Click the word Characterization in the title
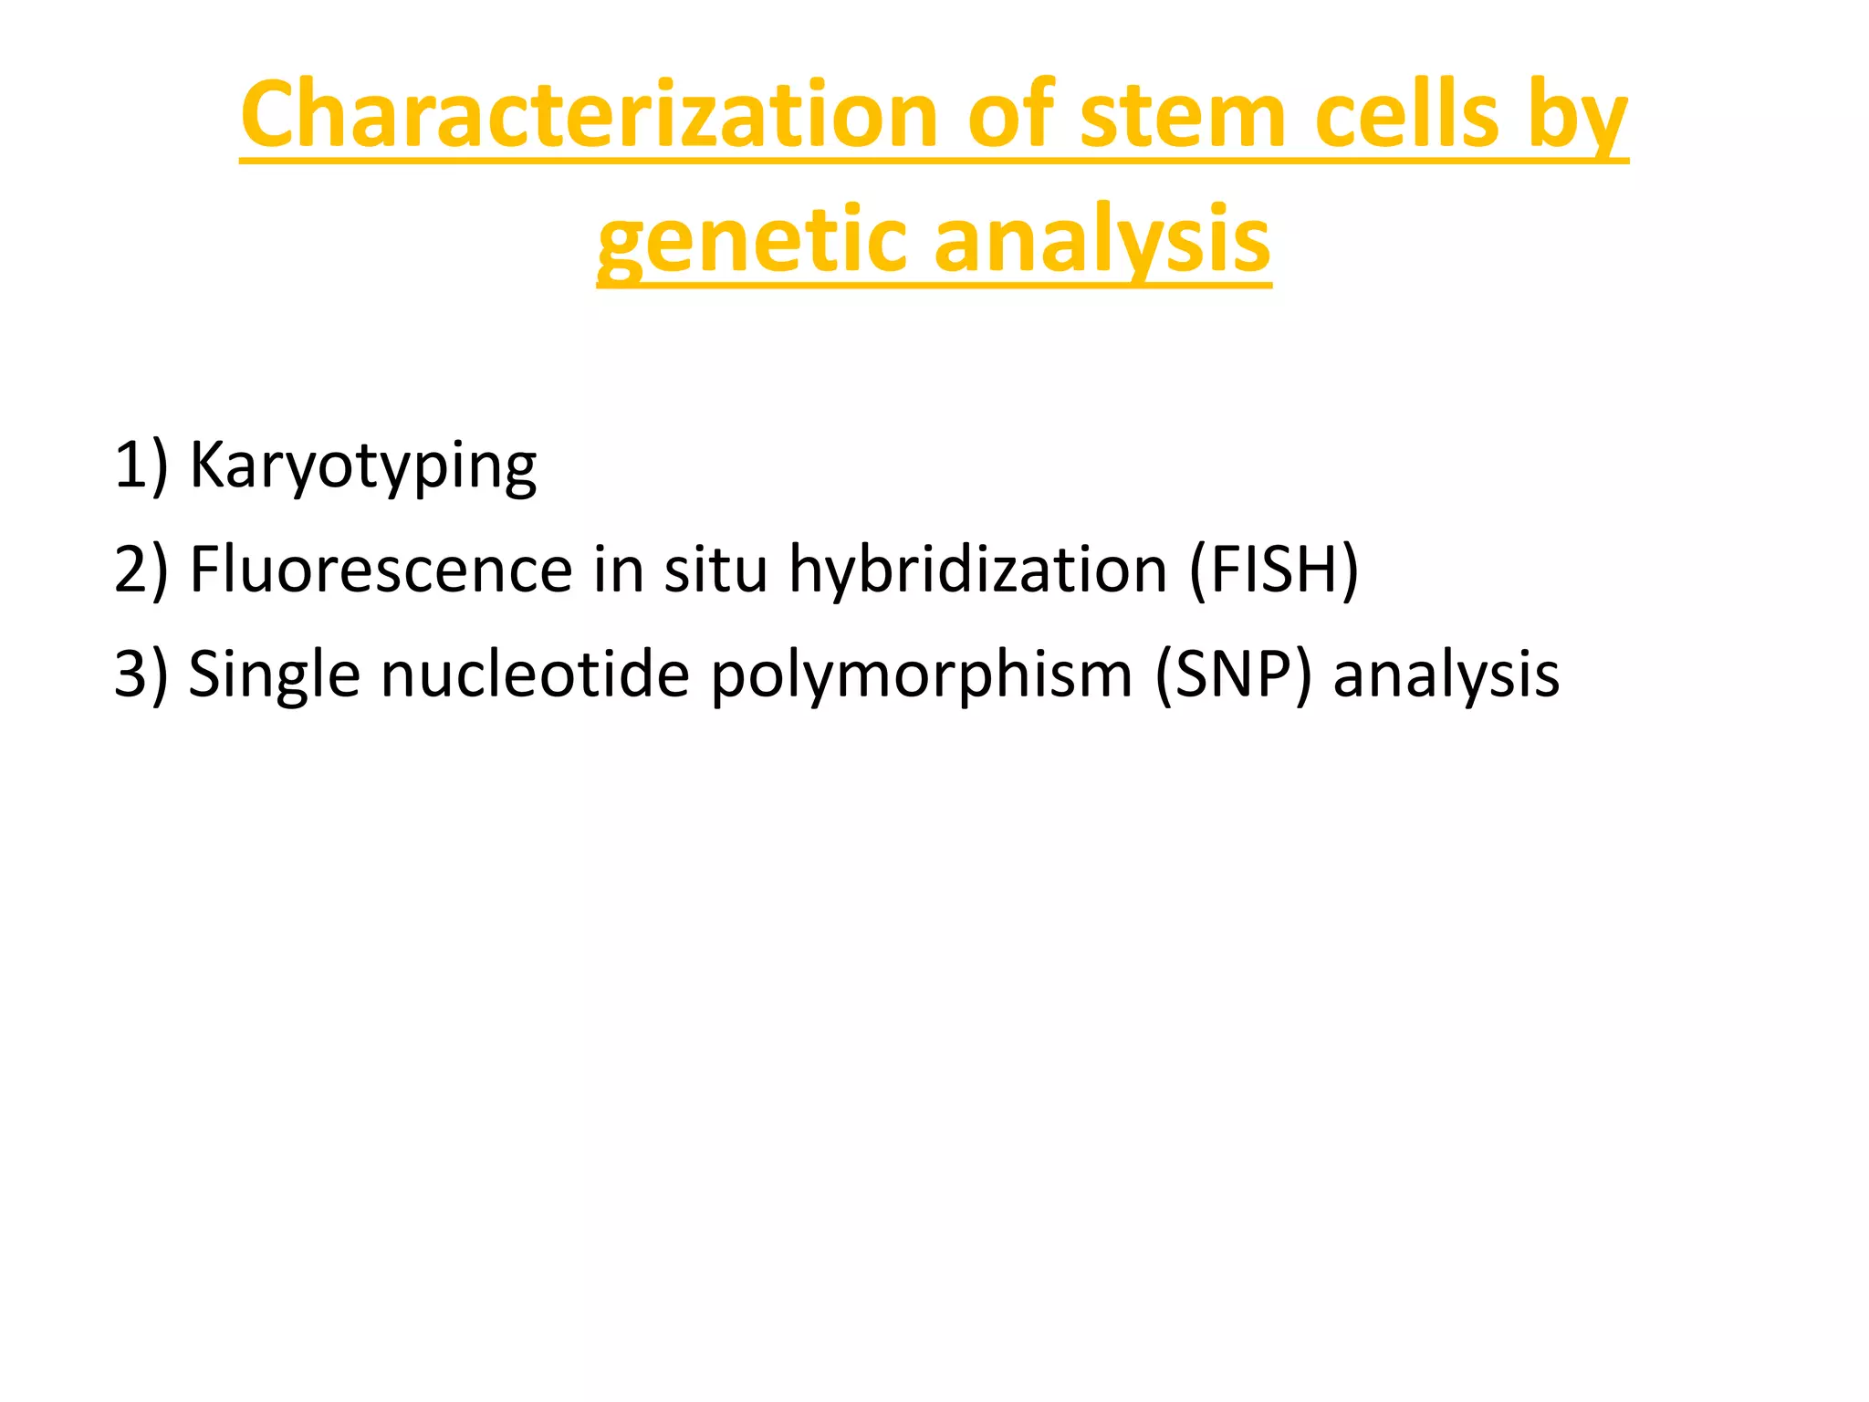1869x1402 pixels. tap(589, 115)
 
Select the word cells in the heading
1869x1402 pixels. tap(1407, 115)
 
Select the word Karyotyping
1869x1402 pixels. tap(362, 466)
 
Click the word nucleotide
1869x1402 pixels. tap(535, 675)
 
